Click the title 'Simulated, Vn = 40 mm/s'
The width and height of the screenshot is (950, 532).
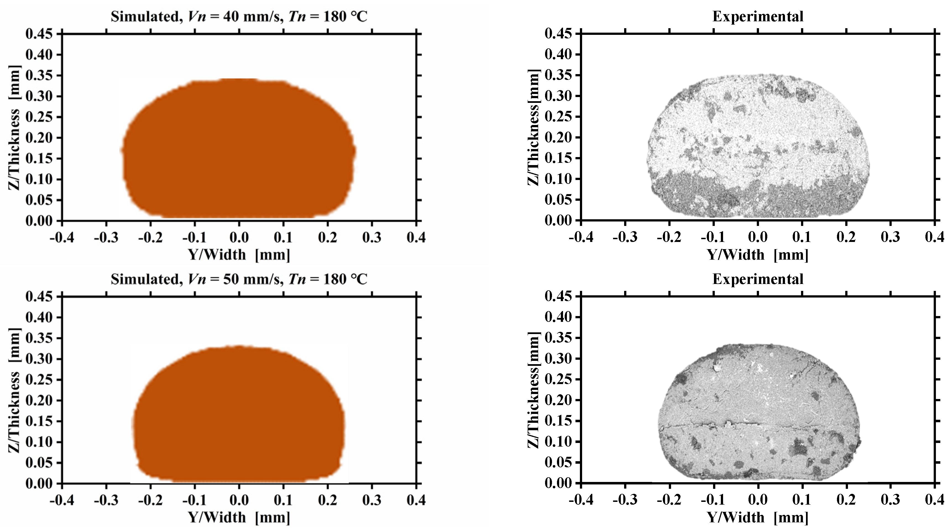click(x=239, y=17)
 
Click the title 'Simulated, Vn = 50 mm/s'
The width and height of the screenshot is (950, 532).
click(x=239, y=279)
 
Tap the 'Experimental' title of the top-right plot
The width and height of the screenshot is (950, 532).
click(x=758, y=17)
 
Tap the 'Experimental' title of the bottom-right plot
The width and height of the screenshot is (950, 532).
click(x=758, y=279)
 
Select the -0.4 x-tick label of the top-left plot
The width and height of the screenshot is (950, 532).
click(x=62, y=238)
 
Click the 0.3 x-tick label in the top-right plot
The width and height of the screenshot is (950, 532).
click(x=891, y=237)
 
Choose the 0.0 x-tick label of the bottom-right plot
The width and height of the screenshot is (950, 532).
click(x=758, y=500)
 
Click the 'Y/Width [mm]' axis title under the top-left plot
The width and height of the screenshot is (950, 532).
click(x=239, y=255)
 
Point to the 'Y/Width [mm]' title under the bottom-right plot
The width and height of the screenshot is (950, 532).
click(x=758, y=518)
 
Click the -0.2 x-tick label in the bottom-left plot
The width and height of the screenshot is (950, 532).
click(x=150, y=500)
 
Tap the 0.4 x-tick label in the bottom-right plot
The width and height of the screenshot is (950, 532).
click(x=935, y=500)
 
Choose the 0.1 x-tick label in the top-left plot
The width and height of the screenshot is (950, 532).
click(x=283, y=238)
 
